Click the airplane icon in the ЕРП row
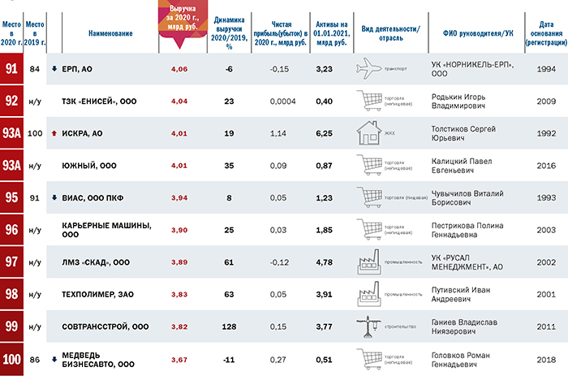pyautogui.click(x=372, y=69)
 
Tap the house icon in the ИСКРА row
pyautogui.click(x=370, y=132)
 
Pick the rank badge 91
pyautogui.click(x=12, y=69)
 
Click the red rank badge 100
pyautogui.click(x=12, y=357)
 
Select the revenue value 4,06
pyautogui.click(x=179, y=69)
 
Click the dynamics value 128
pyautogui.click(x=228, y=325)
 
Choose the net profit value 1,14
pyautogui.click(x=278, y=132)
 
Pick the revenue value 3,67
pyautogui.click(x=179, y=357)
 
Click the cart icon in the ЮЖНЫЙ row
pyautogui.click(x=368, y=165)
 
